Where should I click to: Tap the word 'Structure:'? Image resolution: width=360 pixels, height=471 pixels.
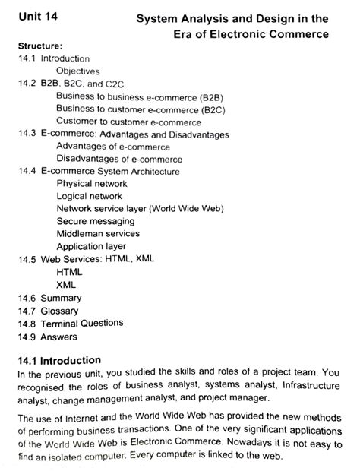pyautogui.click(x=37, y=46)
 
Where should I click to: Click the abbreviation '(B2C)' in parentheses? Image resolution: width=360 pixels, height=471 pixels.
pyautogui.click(x=222, y=109)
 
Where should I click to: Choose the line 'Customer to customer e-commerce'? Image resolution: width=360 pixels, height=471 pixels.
pyautogui.click(x=128, y=122)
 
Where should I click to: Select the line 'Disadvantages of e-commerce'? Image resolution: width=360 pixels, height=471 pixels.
pyautogui.click(x=119, y=159)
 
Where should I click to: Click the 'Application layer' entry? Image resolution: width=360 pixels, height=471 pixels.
pyautogui.click(x=91, y=246)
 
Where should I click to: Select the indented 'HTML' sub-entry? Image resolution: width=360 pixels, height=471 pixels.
pyautogui.click(x=69, y=271)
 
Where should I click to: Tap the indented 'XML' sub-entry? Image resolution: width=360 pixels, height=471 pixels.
pyautogui.click(x=66, y=284)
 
